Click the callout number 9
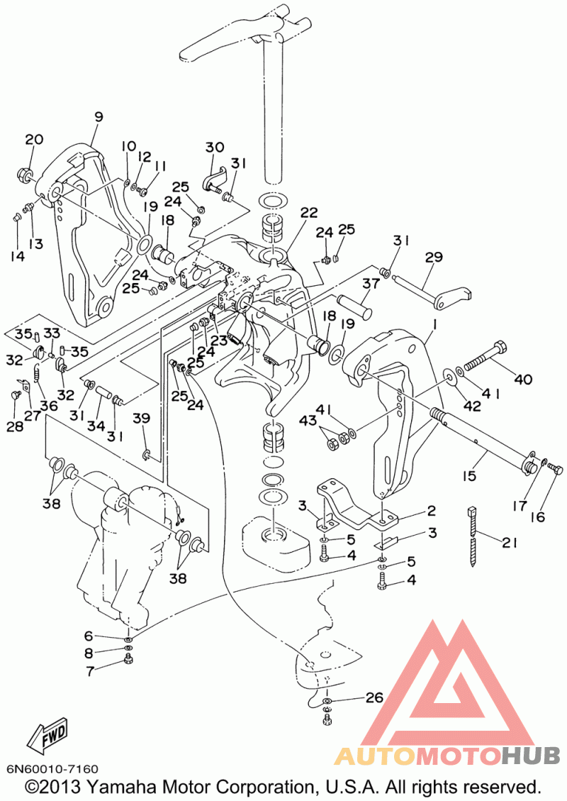point(98,117)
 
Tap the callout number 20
point(34,139)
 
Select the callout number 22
point(309,212)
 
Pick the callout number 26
point(374,697)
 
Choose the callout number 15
point(468,475)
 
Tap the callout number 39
point(141,418)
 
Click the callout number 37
point(371,283)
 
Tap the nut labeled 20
point(26,175)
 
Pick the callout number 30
point(215,147)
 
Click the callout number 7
point(90,671)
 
